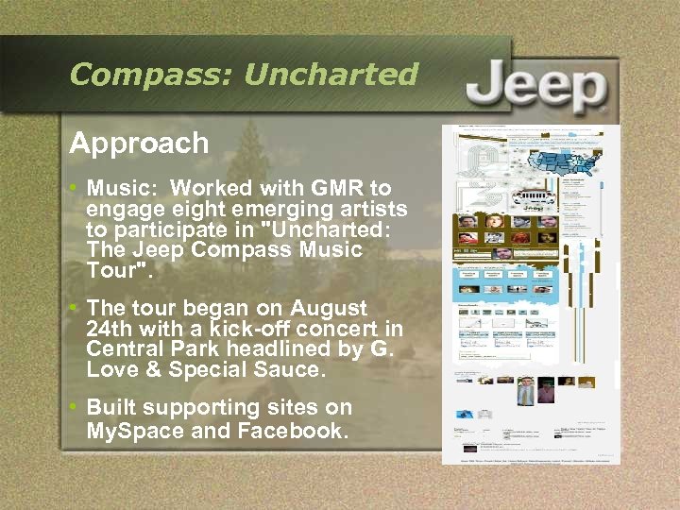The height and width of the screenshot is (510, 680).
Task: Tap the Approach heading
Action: (x=139, y=144)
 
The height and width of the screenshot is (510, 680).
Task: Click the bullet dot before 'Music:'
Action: (x=75, y=188)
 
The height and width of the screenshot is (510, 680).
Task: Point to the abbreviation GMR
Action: (x=333, y=188)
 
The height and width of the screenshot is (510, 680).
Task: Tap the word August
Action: (x=329, y=309)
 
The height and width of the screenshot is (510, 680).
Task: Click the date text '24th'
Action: (x=110, y=329)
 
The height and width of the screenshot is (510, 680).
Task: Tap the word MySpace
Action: (x=133, y=431)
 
